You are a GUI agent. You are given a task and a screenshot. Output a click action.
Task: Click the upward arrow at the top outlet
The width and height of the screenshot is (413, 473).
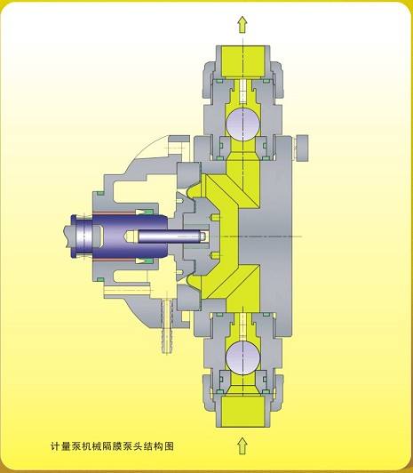click(x=242, y=24)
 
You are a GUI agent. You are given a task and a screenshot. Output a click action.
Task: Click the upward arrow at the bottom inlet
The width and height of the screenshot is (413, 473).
click(x=242, y=445)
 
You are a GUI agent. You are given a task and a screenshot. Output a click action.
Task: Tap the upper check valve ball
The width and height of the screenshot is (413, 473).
click(x=242, y=124)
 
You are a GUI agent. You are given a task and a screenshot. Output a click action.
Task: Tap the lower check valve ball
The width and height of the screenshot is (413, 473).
click(x=242, y=358)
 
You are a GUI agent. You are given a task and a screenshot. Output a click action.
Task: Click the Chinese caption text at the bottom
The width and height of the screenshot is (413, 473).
click(x=112, y=445)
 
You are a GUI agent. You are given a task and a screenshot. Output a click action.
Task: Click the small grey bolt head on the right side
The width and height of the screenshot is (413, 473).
click(x=301, y=148)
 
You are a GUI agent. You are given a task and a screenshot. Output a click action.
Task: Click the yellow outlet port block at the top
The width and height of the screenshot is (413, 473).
click(x=243, y=61)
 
